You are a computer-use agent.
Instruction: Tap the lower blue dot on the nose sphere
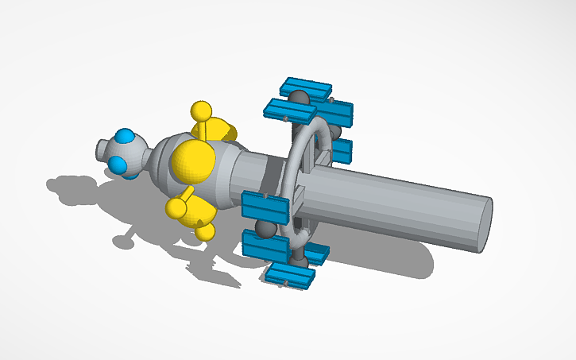pos(118,165)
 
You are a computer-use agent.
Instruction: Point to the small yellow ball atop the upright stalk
pos(202,110)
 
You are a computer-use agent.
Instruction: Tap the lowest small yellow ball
pos(205,231)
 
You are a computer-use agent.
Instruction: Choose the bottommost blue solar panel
pos(290,275)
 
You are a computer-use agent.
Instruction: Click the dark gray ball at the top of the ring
pos(299,99)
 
